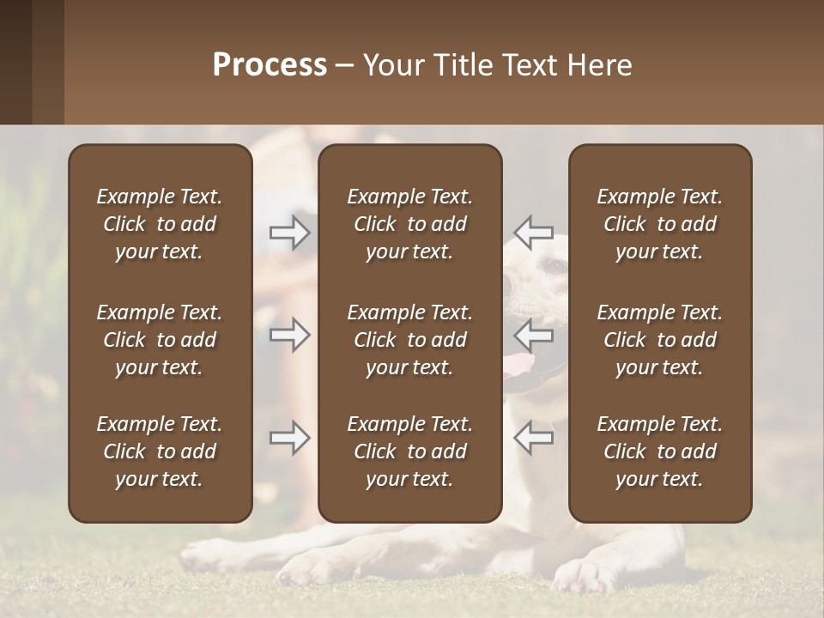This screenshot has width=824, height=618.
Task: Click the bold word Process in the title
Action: click(270, 65)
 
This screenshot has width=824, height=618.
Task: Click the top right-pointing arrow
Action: click(289, 233)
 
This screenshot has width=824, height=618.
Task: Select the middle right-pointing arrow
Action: click(289, 334)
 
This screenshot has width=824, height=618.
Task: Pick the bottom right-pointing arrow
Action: click(289, 438)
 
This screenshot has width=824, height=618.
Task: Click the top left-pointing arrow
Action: click(534, 233)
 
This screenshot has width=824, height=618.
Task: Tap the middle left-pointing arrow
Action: click(534, 334)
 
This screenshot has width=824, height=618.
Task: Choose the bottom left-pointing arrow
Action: click(534, 438)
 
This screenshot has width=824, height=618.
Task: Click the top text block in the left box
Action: click(160, 224)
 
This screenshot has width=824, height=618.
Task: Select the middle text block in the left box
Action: click(160, 340)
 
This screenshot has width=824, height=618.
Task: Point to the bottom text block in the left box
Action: click(160, 451)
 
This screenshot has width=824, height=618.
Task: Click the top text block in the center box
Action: click(410, 224)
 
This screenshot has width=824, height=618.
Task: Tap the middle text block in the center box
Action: click(410, 340)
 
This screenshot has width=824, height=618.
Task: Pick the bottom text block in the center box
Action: click(410, 451)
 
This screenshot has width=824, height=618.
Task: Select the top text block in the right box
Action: click(660, 224)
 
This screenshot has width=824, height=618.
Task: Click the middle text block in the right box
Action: click(660, 340)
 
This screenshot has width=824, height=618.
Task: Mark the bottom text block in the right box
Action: click(660, 451)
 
